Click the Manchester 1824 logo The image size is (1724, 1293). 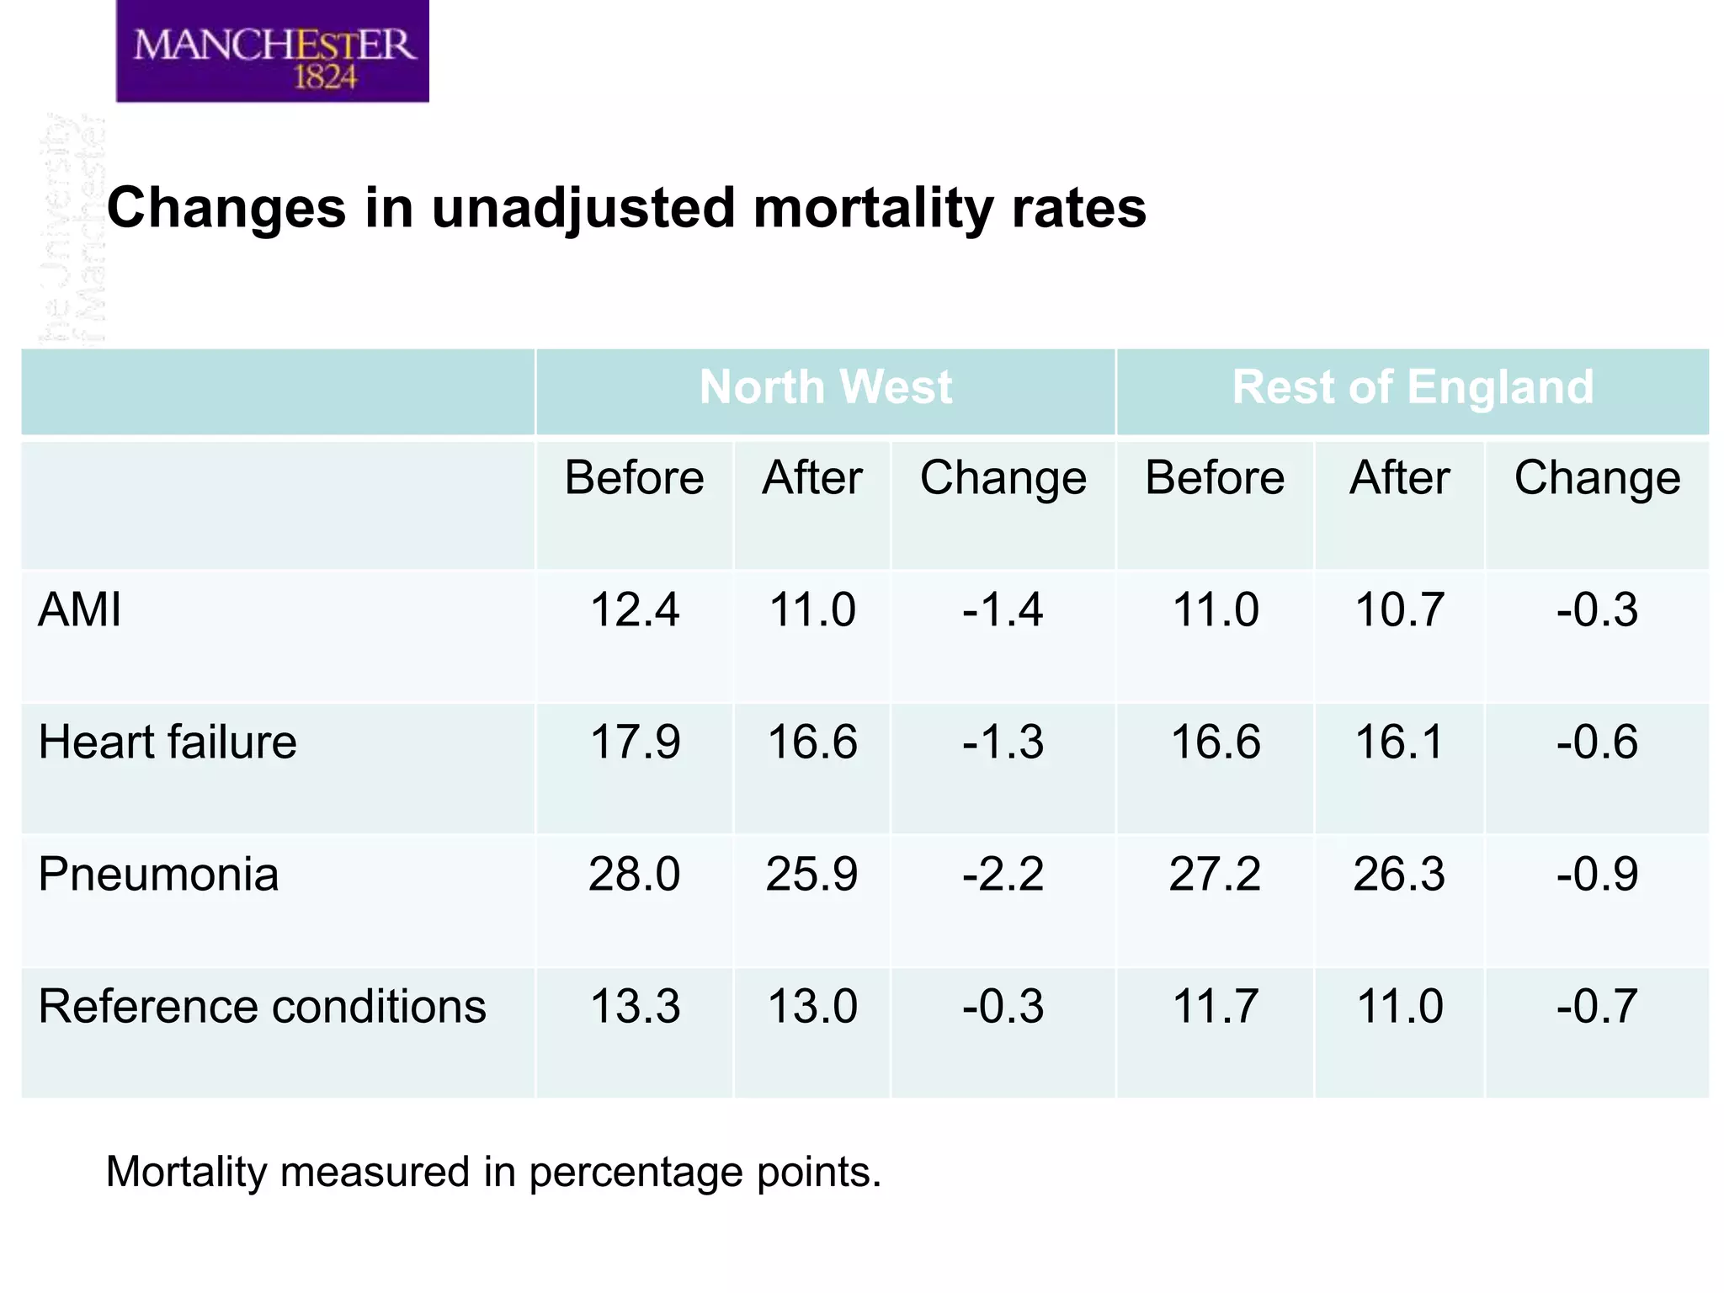coord(272,52)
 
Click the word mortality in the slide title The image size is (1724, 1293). coord(873,208)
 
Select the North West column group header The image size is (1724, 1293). coord(825,388)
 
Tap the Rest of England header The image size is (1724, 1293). coord(1412,388)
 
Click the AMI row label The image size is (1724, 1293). coord(80,609)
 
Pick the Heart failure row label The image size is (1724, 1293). coord(168,742)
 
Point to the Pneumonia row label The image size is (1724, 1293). coord(158,874)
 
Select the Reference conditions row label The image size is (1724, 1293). coord(262,1006)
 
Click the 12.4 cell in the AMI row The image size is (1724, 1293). coord(634,609)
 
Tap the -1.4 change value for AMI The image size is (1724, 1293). coord(1003,609)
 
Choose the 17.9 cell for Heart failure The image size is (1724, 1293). coord(634,742)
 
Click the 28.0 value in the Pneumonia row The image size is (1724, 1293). coord(634,874)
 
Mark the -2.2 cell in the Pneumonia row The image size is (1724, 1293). coord(1003,874)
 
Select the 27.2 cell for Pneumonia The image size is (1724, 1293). coord(1215,874)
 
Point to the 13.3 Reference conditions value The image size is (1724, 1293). coord(634,1006)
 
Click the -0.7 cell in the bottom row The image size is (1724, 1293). coord(1596,1006)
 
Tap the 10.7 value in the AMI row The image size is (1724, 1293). coord(1399,609)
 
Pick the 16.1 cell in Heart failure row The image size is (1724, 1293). coord(1399,742)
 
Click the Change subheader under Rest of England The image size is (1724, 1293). coord(1597,478)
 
